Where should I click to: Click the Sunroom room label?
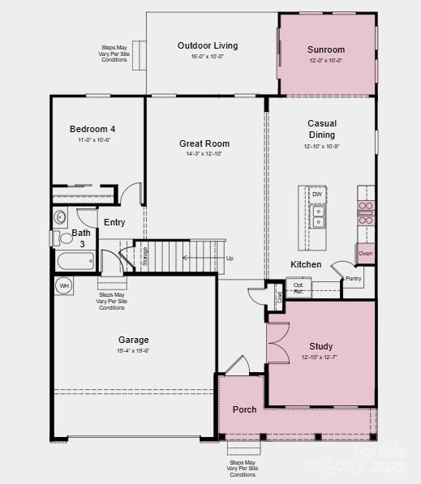(326, 50)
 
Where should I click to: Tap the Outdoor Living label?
(208, 45)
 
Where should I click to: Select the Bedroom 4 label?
(92, 129)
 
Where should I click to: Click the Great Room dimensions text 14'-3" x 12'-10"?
(200, 154)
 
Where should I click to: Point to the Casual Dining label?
(322, 129)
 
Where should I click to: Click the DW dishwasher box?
(317, 195)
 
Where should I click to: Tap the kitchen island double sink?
(319, 216)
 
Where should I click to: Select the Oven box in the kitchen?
(366, 254)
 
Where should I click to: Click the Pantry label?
(353, 279)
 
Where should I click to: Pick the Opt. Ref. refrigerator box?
(299, 288)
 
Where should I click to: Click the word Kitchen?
(306, 264)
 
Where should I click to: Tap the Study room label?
(320, 346)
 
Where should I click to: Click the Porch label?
(244, 409)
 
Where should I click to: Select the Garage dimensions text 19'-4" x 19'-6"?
(133, 351)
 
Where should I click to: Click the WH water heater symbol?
(63, 285)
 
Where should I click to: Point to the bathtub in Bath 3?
(75, 262)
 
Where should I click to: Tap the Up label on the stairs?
(230, 259)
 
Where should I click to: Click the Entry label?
(114, 222)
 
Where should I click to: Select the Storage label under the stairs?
(146, 256)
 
